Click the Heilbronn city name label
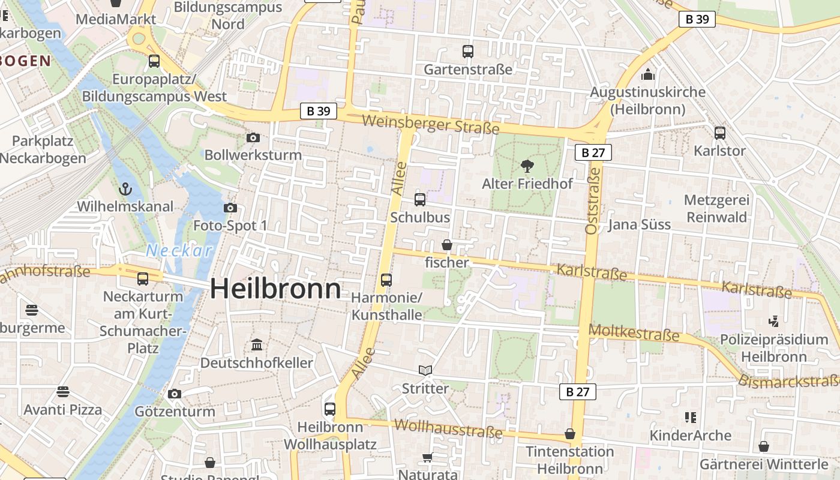coord(275,289)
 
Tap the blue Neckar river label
coord(179,250)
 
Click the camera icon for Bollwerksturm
coord(253,138)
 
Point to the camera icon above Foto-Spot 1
coord(230,208)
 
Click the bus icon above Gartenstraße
coord(468,52)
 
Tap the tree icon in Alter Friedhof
coord(527,166)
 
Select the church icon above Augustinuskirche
coord(647,75)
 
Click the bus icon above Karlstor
coord(719,133)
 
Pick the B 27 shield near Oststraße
coord(593,152)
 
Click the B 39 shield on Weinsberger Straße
coord(318,111)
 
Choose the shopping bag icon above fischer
coord(446,245)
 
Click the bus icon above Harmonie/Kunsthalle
coord(386,280)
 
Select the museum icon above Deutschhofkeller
coord(257,345)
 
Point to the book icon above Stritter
coord(425,371)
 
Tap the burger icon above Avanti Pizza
coord(63,392)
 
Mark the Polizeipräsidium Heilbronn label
coord(774,348)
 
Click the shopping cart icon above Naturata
coord(427,458)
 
